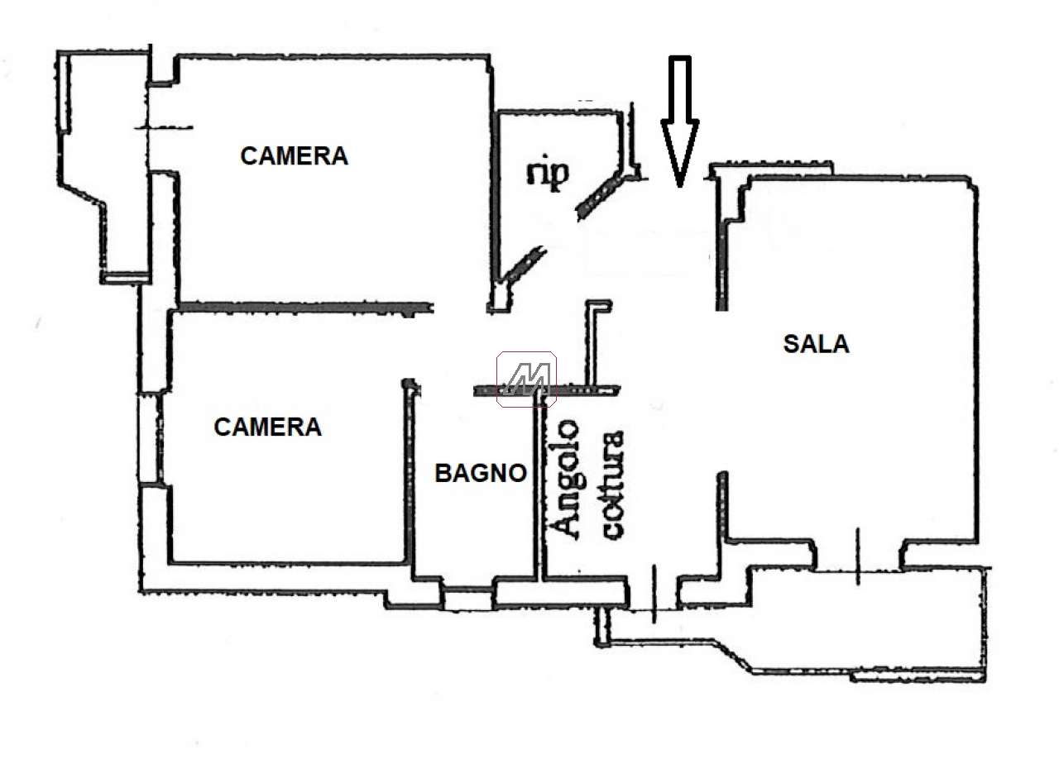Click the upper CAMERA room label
point(294,155)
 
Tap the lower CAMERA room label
point(267,427)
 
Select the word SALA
point(816,343)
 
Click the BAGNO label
point(481,473)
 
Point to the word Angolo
point(567,480)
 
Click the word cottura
point(613,485)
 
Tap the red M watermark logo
point(526,379)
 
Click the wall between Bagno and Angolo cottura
point(536,488)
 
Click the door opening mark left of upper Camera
point(165,128)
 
